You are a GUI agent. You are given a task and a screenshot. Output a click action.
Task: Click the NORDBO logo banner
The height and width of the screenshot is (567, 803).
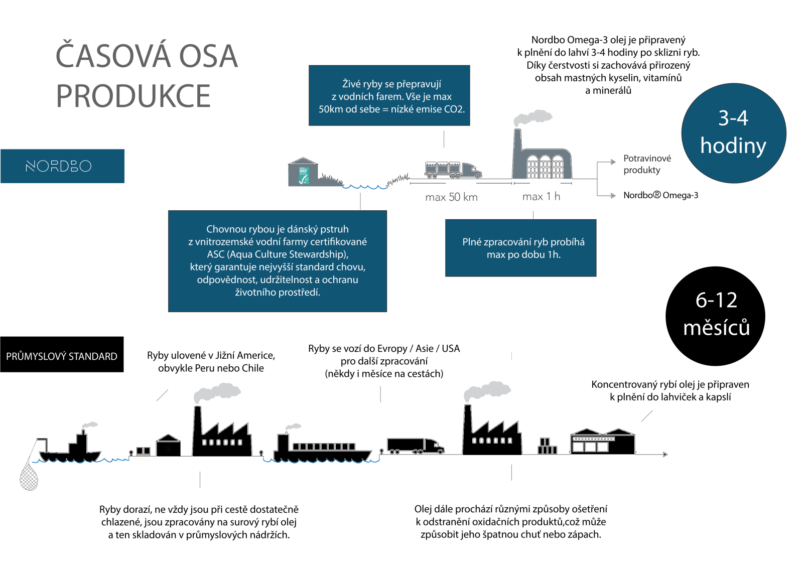point(62,166)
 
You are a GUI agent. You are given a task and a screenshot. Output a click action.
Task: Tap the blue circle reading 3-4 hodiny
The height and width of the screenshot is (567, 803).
point(733,133)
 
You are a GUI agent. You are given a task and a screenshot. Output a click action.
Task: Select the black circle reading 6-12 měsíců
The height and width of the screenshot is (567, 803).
point(715,316)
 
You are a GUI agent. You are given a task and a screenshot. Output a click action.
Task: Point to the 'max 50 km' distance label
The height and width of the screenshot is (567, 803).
point(451,197)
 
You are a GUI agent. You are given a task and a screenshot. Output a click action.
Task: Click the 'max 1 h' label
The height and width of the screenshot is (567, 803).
point(541,197)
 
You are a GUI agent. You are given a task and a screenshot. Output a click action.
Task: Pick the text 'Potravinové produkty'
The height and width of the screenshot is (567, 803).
point(647,164)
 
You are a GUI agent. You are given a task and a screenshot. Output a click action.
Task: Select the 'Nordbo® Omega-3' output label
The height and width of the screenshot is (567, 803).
point(660,195)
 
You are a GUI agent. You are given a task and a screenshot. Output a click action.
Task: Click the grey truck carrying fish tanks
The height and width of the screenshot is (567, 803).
point(453,170)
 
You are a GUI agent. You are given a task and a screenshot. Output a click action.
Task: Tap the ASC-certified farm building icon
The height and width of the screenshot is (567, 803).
point(303,173)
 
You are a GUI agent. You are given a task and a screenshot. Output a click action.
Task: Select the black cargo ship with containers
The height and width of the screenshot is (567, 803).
point(321,450)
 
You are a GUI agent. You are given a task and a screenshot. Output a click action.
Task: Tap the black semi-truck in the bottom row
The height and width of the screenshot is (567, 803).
point(415,445)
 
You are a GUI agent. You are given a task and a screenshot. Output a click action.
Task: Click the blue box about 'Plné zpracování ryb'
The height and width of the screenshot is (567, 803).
point(520,248)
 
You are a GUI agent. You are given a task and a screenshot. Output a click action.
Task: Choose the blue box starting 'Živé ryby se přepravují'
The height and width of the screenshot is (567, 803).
point(389,95)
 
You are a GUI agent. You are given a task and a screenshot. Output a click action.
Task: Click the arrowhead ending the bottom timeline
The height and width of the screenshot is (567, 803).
point(665,455)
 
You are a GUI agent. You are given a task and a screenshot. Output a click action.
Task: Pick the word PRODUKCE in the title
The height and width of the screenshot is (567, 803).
point(133,96)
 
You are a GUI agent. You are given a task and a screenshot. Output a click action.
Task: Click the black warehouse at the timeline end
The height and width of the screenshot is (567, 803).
point(602,442)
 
